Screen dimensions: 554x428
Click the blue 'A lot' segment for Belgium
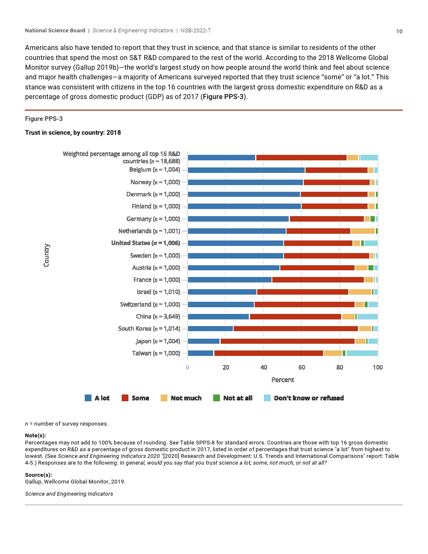click(246, 170)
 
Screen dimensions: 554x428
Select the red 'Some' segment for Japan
click(287, 341)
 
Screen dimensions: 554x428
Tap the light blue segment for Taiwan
click(362, 353)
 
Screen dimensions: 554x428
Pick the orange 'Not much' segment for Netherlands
click(363, 231)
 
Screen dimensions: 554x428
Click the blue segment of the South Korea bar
click(210, 329)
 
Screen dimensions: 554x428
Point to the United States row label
click(146, 243)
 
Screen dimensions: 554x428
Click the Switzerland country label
click(150, 304)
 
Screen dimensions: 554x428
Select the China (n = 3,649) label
click(158, 316)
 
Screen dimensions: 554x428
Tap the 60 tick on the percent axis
click(302, 368)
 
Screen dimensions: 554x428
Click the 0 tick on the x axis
click(188, 368)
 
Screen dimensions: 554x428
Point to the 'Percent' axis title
click(282, 380)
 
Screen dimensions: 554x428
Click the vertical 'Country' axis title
click(46, 255)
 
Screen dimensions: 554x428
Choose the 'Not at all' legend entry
click(233, 398)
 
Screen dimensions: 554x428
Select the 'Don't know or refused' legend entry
click(304, 398)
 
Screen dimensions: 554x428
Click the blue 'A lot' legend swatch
click(88, 398)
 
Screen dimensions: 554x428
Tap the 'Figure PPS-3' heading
click(44, 119)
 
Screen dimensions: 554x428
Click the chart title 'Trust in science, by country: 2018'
click(73, 133)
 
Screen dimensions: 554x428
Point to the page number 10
click(399, 31)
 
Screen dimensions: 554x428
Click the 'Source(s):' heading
click(38, 475)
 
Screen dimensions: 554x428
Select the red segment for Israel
click(303, 292)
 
